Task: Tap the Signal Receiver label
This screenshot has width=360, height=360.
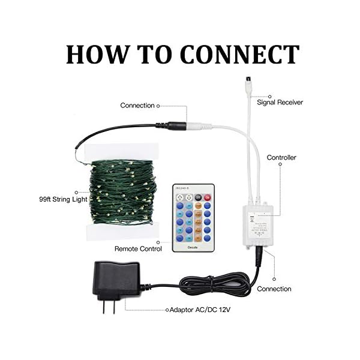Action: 280,103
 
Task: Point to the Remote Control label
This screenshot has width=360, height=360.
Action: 137,248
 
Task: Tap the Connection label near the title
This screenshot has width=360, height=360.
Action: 137,105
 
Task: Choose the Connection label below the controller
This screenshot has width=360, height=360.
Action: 274,289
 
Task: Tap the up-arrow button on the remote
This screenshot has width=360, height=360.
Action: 178,197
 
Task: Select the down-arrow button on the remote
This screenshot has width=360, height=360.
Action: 188,197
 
